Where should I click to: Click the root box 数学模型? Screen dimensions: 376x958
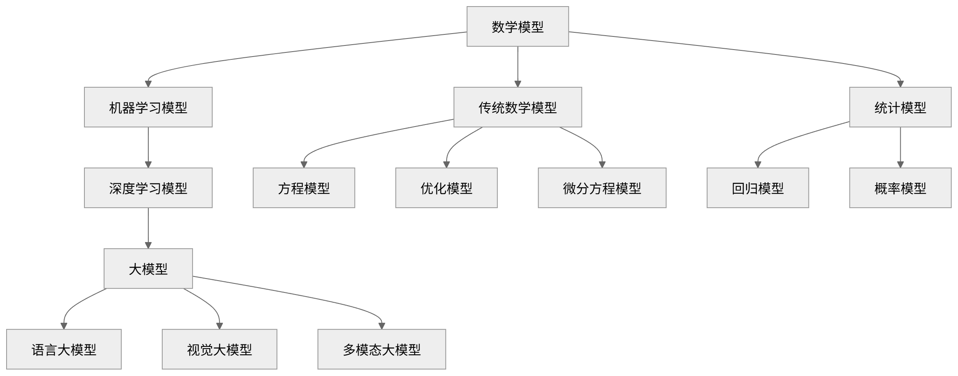(518, 27)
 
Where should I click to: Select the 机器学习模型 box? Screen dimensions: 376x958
(148, 107)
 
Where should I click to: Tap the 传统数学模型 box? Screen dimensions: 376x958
(518, 107)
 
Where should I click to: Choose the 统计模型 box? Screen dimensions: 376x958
(900, 107)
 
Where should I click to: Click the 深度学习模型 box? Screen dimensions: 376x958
(148, 188)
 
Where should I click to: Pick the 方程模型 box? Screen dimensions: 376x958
(304, 188)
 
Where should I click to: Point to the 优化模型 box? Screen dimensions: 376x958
(446, 188)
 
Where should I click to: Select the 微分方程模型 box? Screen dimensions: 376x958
(602, 188)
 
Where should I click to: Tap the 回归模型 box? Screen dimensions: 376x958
(758, 188)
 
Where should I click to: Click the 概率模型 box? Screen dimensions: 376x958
(900, 188)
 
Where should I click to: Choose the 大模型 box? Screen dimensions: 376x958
(148, 269)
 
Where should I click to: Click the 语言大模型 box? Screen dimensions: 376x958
(64, 349)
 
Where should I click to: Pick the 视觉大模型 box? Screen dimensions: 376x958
(219, 349)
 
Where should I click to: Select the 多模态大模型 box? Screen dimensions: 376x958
(381, 349)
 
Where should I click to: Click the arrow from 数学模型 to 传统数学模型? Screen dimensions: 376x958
(518, 66)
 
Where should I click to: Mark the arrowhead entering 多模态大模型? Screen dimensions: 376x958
(381, 326)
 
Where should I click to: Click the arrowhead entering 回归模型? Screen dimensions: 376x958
(758, 165)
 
